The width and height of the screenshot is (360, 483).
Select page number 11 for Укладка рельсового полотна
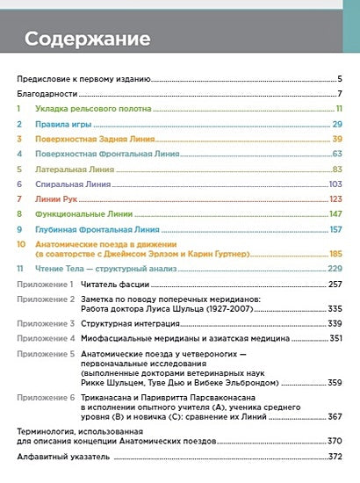click(x=337, y=108)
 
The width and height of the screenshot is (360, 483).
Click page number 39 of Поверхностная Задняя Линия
click(x=336, y=139)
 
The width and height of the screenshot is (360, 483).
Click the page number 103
click(x=335, y=184)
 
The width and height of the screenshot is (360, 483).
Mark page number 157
click(x=335, y=229)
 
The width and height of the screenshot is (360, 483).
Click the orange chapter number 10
click(x=21, y=243)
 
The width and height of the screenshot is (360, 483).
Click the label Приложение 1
click(x=46, y=285)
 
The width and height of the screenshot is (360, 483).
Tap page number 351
click(x=335, y=338)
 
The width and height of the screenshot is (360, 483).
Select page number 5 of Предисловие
click(x=339, y=78)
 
